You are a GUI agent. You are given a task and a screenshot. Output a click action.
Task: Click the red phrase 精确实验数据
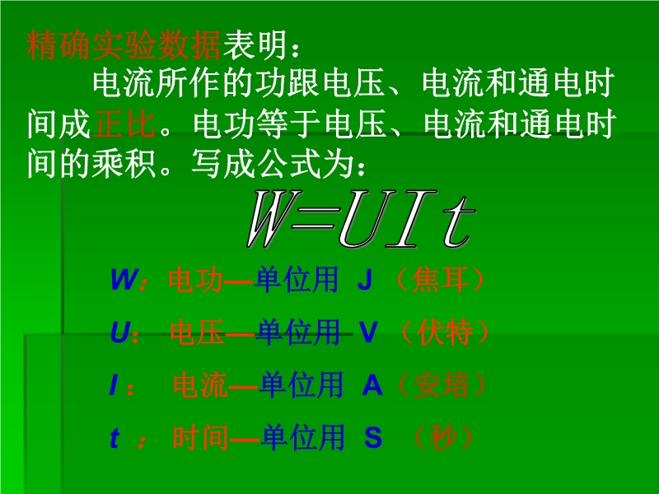(123, 45)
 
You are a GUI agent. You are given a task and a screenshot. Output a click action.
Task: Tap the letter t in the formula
(459, 221)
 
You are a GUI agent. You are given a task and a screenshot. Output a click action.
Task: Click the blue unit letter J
(365, 280)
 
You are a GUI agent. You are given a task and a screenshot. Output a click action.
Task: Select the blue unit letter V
(368, 332)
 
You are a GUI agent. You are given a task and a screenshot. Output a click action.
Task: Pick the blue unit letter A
(372, 384)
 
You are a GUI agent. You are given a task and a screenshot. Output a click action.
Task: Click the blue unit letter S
(373, 437)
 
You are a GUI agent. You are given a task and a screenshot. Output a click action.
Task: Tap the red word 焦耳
(439, 280)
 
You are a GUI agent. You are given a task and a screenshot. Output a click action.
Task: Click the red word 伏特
(445, 332)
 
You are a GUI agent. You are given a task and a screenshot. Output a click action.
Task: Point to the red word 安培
(442, 384)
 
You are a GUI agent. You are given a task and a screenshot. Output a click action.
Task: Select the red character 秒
(442, 438)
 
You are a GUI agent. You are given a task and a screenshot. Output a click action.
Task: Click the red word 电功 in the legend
(196, 280)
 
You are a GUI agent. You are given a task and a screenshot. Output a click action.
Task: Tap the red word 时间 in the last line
(200, 438)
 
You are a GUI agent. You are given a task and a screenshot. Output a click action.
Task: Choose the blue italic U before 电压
(119, 332)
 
